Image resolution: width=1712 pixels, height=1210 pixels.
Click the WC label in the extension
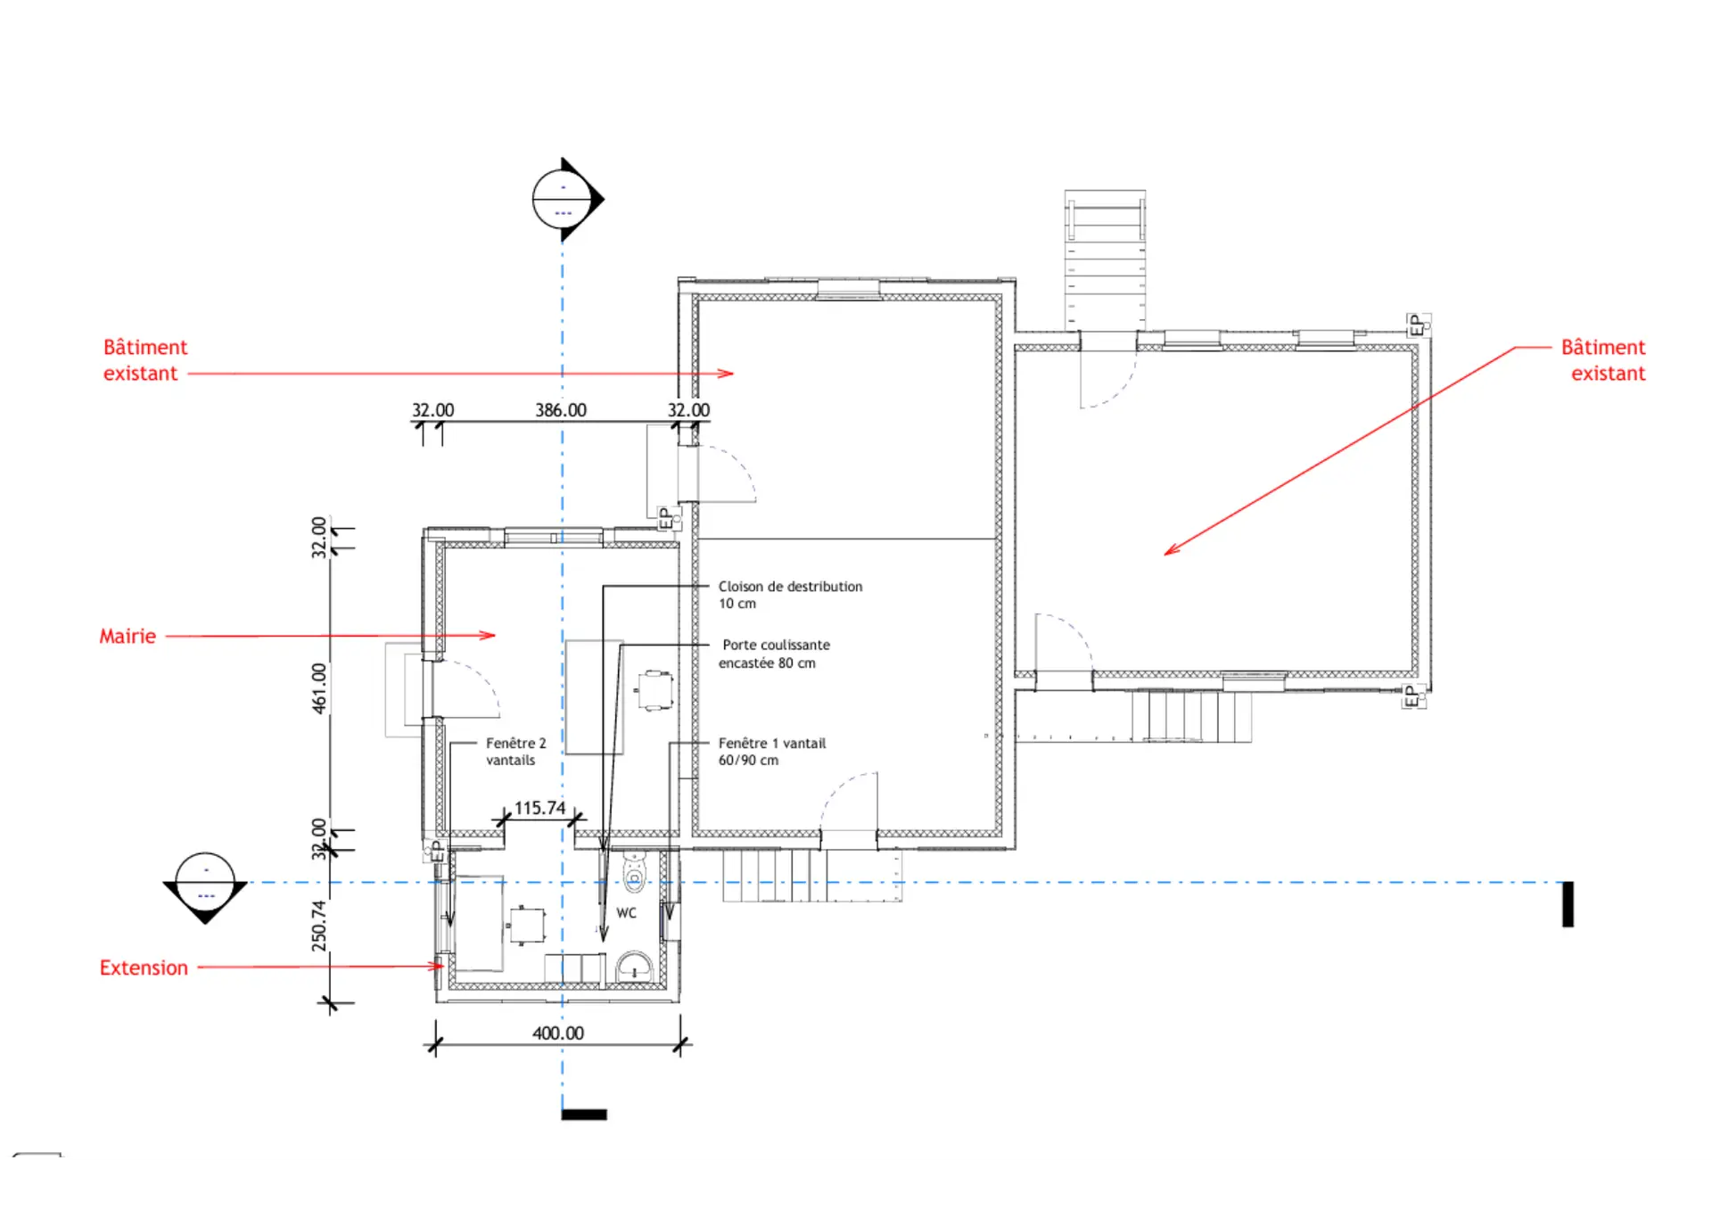(x=626, y=913)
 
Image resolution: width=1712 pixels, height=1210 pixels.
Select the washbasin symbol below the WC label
(x=634, y=966)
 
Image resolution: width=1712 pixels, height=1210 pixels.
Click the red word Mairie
(x=128, y=636)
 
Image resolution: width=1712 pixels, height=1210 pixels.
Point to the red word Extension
(x=144, y=967)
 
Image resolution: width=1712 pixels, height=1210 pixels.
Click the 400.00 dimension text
(x=558, y=1033)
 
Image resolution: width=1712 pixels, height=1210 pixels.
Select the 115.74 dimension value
(x=539, y=808)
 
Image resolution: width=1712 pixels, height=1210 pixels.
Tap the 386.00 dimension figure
(x=561, y=410)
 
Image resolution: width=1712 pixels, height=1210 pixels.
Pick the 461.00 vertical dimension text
(x=319, y=687)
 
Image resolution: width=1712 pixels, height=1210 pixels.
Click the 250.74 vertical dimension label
(x=319, y=926)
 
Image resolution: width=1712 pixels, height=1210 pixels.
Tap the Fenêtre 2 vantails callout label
(x=515, y=752)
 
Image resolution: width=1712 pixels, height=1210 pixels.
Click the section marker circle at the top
(x=563, y=199)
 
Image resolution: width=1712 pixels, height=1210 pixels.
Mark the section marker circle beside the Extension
(x=205, y=883)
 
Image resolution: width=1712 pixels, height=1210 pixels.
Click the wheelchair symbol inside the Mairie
(x=654, y=691)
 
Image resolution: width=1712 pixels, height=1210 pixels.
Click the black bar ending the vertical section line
(x=584, y=1114)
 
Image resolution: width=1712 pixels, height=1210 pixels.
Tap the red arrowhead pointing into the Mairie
(x=488, y=635)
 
